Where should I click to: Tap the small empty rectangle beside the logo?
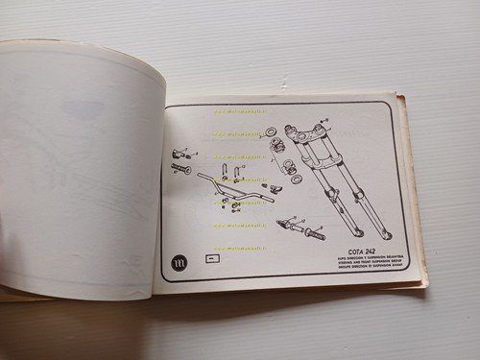point(212,259)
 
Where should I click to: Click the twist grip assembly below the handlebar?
point(300,229)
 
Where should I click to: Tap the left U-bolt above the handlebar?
point(222,174)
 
